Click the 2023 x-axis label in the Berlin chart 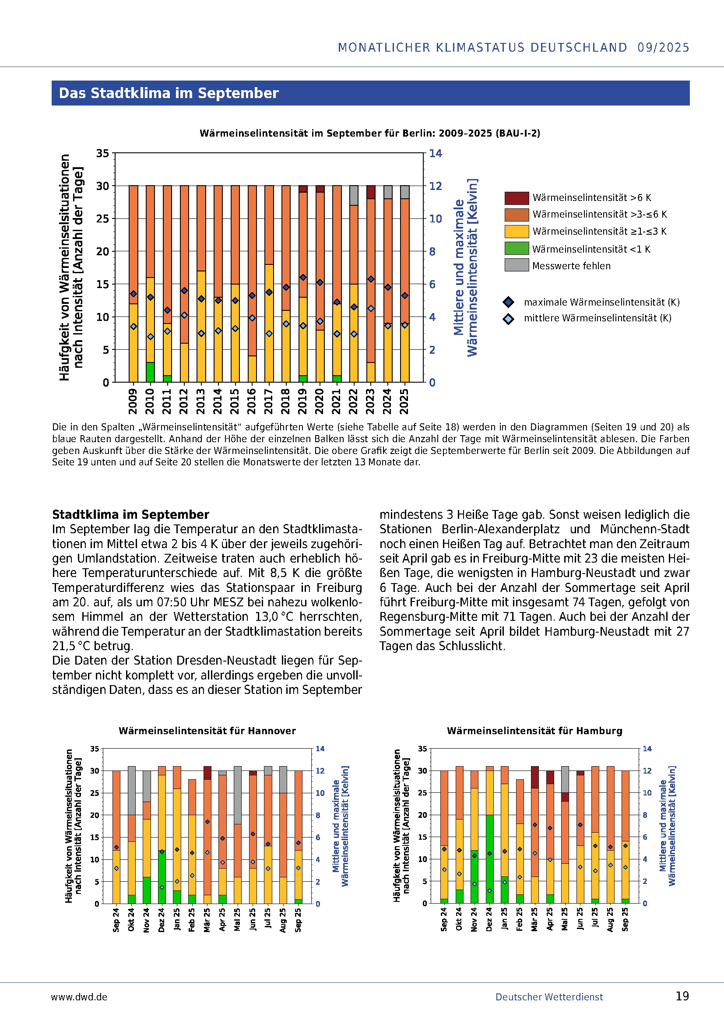[370, 401]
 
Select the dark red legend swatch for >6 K [517, 197]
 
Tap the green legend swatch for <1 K [517, 248]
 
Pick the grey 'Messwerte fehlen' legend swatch [517, 265]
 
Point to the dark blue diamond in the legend [508, 303]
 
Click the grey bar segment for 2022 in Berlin [354, 195]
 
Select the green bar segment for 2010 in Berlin [150, 373]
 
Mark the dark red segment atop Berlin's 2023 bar [370, 192]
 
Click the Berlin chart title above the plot [369, 134]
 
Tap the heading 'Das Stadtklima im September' [169, 93]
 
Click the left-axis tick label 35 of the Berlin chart [102, 153]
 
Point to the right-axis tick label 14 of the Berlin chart [436, 153]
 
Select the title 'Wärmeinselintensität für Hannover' [207, 731]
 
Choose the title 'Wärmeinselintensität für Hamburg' [534, 731]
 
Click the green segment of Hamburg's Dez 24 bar [489, 859]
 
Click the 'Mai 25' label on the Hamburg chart [565, 919]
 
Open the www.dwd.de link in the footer [79, 997]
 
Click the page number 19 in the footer [682, 996]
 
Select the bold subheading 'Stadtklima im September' [130, 515]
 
